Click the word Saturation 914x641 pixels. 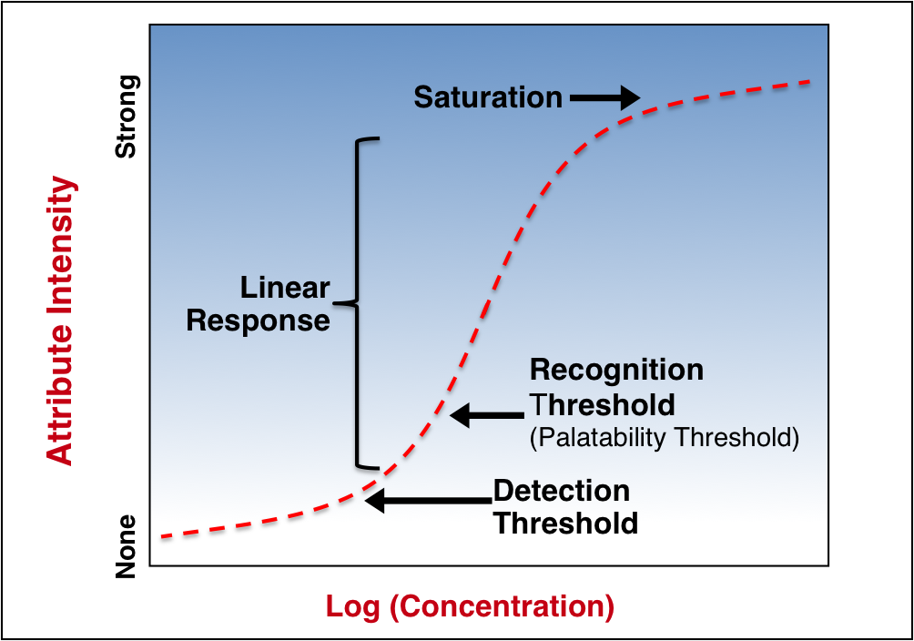coord(488,97)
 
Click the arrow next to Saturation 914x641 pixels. coord(605,98)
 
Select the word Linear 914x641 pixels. coord(285,288)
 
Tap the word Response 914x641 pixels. coord(259,320)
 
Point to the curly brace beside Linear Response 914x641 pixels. coord(357,303)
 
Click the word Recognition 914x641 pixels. coord(616,371)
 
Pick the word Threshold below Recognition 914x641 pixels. coord(603,405)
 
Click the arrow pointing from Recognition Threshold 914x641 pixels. coord(487,415)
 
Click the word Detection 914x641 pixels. coord(562,491)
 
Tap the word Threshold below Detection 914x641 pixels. coord(566,524)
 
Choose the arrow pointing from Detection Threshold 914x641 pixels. coord(429,501)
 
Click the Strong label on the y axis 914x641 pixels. coord(126,117)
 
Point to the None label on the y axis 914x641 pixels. coord(126,546)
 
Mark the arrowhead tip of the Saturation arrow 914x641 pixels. coord(640,98)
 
